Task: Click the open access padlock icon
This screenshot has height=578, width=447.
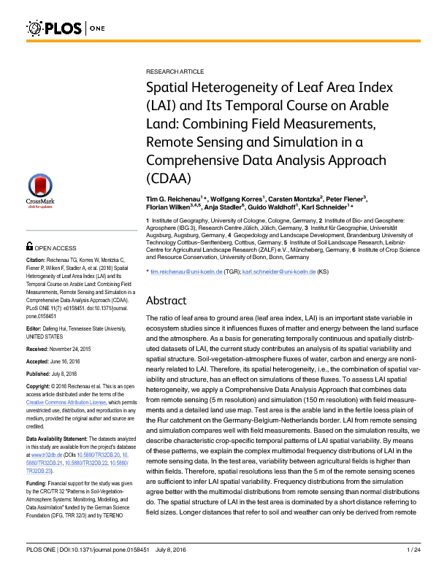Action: pyautogui.click(x=29, y=248)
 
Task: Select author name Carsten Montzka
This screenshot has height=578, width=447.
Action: pyautogui.click(x=292, y=199)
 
